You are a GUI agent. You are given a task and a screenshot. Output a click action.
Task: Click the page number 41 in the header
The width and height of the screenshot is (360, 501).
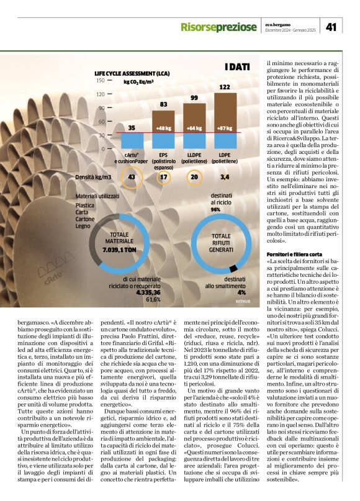click(x=331, y=27)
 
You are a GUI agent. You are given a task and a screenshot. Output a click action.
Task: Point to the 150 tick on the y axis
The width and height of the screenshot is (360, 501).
click(x=100, y=80)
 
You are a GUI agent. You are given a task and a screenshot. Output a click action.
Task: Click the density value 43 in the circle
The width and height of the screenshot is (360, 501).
click(x=131, y=177)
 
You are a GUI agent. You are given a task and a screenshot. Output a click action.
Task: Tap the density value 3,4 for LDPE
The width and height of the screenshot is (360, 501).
click(x=224, y=177)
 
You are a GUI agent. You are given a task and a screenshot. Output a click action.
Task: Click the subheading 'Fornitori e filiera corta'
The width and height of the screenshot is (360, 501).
click(x=294, y=255)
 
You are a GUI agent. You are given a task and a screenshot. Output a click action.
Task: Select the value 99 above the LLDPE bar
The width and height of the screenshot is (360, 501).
click(x=194, y=97)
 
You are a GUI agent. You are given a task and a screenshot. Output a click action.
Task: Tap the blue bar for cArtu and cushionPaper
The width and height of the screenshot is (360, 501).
click(x=131, y=140)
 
